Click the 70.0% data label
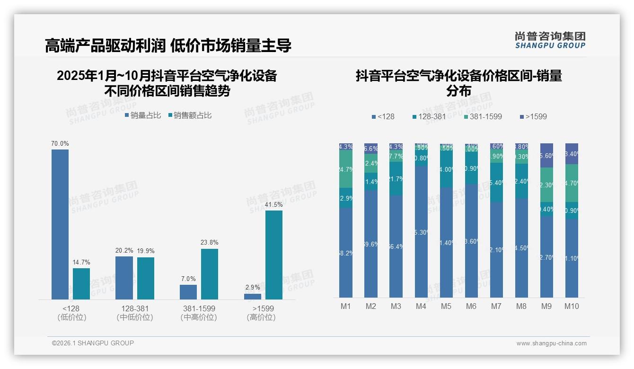60,143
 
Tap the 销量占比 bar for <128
60,224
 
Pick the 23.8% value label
209,242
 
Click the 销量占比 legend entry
142,115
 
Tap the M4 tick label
421,306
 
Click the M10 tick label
572,306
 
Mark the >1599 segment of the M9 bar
546,155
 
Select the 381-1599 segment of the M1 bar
346,169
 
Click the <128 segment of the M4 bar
421,232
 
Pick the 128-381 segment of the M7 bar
496,183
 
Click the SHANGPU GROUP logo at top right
550,40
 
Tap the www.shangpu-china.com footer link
551,343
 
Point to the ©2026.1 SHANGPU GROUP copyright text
93,343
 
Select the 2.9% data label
253,287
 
